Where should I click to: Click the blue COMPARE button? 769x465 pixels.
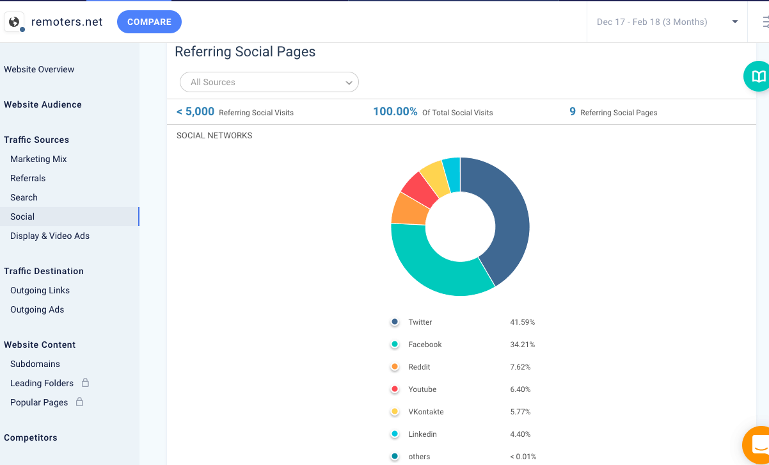pos(149,22)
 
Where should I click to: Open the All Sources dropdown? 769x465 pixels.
pos(269,82)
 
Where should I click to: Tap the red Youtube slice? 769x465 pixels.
pos(419,188)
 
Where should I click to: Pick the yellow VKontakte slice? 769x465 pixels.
pos(435,175)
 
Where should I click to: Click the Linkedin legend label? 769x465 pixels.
pos(422,434)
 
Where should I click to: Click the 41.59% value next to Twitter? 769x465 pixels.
pos(522,322)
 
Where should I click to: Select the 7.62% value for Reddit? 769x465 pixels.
pos(520,367)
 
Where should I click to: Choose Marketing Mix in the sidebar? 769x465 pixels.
pos(38,159)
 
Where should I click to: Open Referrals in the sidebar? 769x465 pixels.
pos(28,178)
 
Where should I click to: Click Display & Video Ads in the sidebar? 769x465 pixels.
pos(50,236)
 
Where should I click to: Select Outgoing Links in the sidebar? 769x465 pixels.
pos(40,290)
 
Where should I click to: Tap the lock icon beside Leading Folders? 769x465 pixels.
pos(85,382)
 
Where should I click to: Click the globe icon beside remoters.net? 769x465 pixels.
pos(14,22)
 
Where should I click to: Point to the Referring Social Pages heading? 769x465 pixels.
pos(245,52)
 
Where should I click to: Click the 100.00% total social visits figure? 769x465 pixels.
pos(395,111)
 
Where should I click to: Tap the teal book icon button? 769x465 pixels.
pos(758,77)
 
